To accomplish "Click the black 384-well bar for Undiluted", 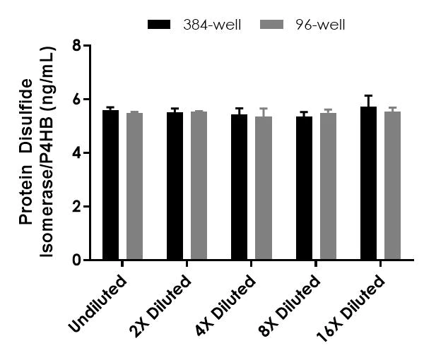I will coord(110,186).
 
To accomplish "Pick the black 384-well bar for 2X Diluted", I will coord(175,186).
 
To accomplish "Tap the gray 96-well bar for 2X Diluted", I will coord(199,186).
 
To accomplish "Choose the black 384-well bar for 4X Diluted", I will coord(239,188).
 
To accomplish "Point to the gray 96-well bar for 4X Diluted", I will coord(263,188).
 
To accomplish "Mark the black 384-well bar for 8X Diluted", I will coord(304,188).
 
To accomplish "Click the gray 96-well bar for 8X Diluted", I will coord(328,187).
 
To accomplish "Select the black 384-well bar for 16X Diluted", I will coord(368,184).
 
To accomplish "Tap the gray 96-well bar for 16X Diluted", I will coord(392,186).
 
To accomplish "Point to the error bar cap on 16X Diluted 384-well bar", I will coord(368,95).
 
